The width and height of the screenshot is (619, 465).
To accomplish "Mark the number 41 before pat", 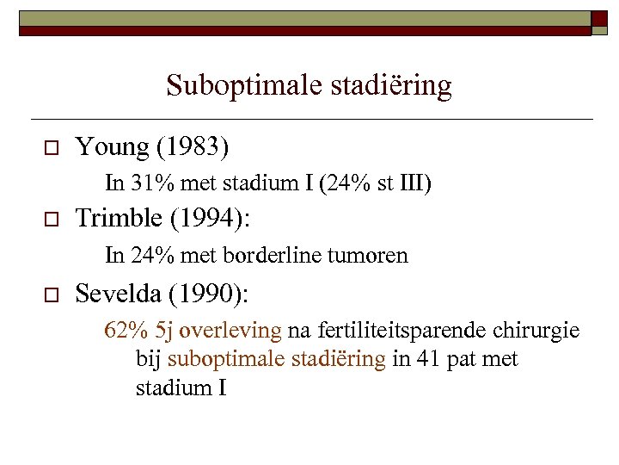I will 423,359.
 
